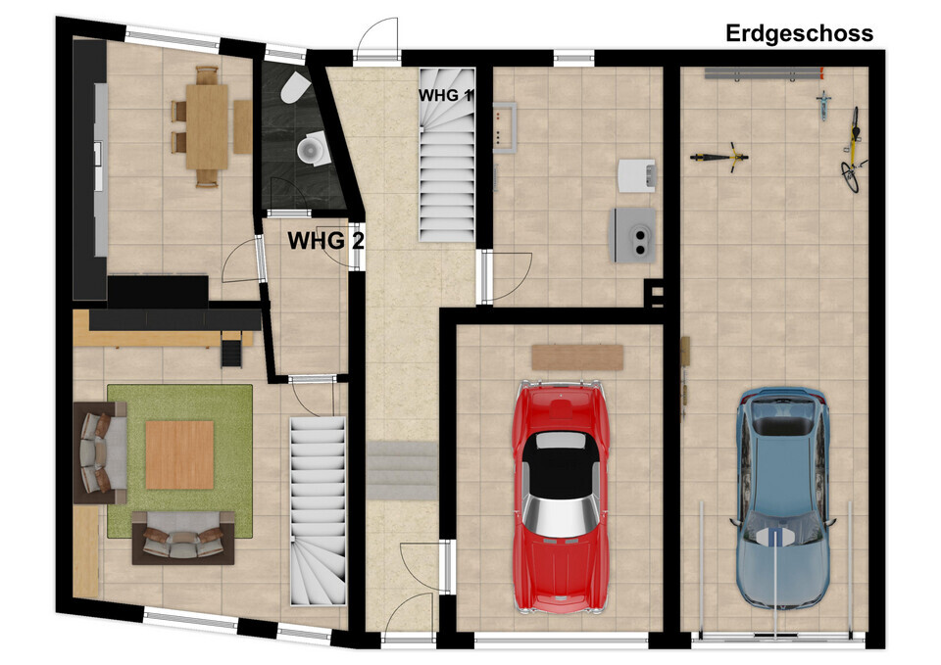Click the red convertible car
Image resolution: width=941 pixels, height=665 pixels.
[x=560, y=497]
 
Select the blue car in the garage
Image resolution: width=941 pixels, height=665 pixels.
[x=783, y=498]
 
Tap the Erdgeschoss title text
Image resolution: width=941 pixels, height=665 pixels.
[x=799, y=33]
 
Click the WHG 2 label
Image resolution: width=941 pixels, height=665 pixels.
[x=325, y=241]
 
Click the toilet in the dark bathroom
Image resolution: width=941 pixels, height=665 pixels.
[x=294, y=88]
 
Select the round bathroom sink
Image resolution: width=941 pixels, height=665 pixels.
[x=313, y=148]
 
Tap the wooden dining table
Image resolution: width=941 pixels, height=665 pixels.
[x=207, y=126]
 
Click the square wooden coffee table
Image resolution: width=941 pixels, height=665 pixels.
[x=179, y=454]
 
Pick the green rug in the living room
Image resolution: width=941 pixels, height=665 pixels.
[x=179, y=461]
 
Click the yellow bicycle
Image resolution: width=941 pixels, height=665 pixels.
[x=852, y=151]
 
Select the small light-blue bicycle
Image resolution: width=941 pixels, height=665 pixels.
[x=823, y=106]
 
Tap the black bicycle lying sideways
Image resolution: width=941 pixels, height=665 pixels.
[x=719, y=157]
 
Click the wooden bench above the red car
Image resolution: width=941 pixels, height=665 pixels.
[x=577, y=357]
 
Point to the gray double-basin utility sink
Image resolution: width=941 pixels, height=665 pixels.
[x=633, y=234]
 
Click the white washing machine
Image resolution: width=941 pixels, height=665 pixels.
[x=636, y=175]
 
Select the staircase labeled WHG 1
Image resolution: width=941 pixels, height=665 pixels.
[x=447, y=155]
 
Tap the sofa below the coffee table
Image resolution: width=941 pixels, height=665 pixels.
[x=183, y=538]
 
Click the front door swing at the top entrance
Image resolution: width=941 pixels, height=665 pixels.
[x=376, y=37]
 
